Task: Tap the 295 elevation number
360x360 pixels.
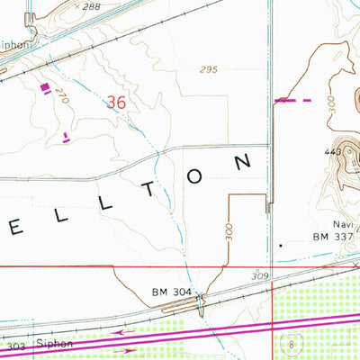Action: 210,69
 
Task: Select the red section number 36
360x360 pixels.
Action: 115,103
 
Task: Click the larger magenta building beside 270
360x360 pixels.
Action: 45,87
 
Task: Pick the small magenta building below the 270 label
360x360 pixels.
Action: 66,137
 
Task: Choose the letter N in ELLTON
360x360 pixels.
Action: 243,162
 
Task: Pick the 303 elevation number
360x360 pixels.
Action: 15,346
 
